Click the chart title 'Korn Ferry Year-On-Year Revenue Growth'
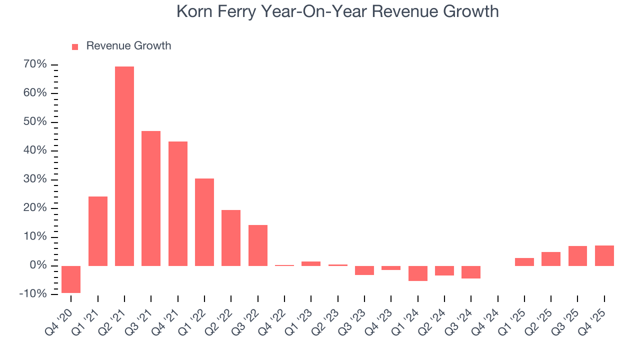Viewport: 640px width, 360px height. point(337,11)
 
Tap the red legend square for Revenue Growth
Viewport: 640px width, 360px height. point(75,46)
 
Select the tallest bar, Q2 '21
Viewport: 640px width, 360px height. point(124,166)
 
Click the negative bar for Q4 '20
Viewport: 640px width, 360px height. point(71,279)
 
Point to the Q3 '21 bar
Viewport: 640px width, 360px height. point(151,198)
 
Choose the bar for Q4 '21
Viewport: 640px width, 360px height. point(178,203)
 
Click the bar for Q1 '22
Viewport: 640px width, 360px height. point(204,222)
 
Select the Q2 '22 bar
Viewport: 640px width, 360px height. point(231,237)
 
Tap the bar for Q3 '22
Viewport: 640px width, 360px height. point(258,245)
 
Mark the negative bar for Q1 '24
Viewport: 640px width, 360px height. point(418,273)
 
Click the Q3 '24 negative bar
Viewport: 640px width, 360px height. point(471,271)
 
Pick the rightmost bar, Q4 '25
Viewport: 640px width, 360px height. point(604,255)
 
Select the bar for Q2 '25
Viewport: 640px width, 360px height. point(551,258)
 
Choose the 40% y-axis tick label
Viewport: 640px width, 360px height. point(35,150)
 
